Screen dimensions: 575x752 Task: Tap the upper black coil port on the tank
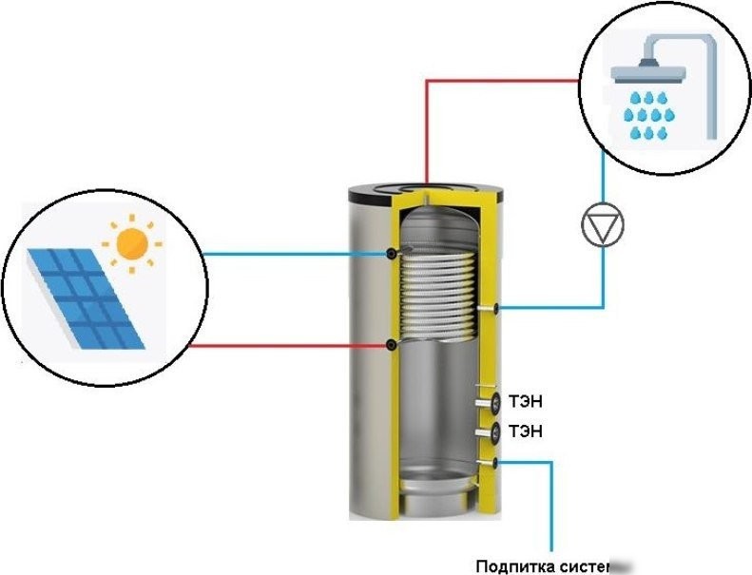point(394,254)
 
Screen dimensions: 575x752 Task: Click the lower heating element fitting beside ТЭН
point(492,432)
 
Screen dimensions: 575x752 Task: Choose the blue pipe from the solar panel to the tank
point(295,254)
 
